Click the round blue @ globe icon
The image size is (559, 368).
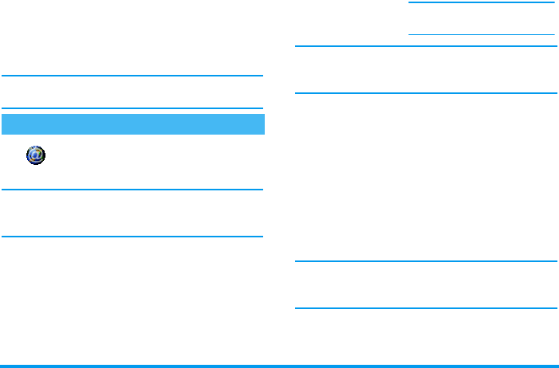pos(36,155)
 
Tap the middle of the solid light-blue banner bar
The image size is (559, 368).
pos(132,124)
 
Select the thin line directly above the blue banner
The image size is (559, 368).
pos(132,108)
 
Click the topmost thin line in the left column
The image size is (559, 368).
pos(132,76)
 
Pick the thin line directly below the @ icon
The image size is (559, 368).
pos(132,190)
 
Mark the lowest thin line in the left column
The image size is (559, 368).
pos(132,237)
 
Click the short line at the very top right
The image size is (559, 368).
pos(482,2)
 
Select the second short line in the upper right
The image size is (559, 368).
pos(482,34)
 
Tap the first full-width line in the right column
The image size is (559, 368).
pos(426,46)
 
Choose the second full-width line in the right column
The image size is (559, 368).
pos(426,93)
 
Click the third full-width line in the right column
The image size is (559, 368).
pos(426,261)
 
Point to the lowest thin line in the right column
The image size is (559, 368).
pos(426,308)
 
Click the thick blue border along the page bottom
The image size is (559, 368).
pos(279,366)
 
